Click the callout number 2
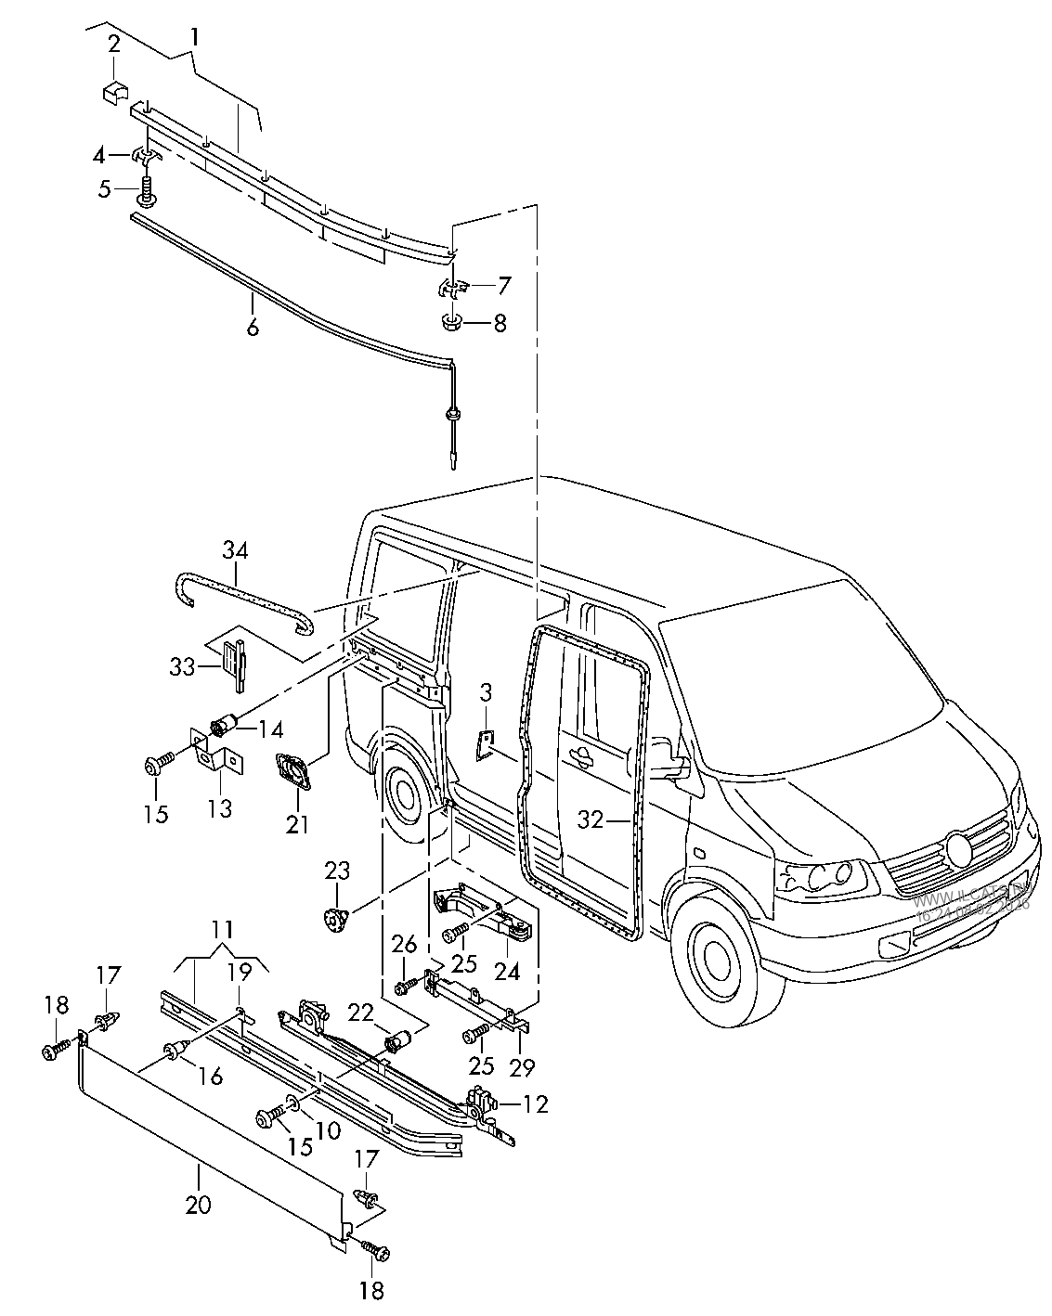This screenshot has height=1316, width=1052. pos(114,44)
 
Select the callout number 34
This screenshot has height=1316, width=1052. pos(235,551)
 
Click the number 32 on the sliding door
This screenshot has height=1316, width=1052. pos(591,819)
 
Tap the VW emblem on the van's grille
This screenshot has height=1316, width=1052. pos(956,848)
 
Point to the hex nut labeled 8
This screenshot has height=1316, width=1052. pos(450,323)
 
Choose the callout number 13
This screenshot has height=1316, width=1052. pos(219,807)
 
